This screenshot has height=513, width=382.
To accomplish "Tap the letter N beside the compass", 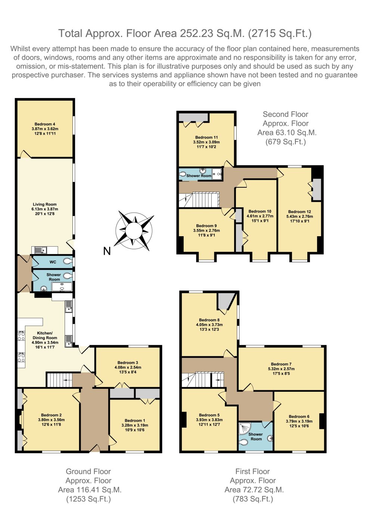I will (x=107, y=251).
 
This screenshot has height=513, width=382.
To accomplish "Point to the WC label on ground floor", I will (x=53, y=262).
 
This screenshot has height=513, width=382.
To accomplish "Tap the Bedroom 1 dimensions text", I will (x=135, y=428).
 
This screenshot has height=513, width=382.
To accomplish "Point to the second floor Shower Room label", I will (x=199, y=176).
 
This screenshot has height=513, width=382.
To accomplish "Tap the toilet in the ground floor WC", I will (x=68, y=261).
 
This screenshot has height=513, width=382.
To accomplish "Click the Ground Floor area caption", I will (x=88, y=485).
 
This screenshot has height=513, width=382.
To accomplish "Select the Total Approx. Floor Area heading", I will (x=185, y=34).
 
